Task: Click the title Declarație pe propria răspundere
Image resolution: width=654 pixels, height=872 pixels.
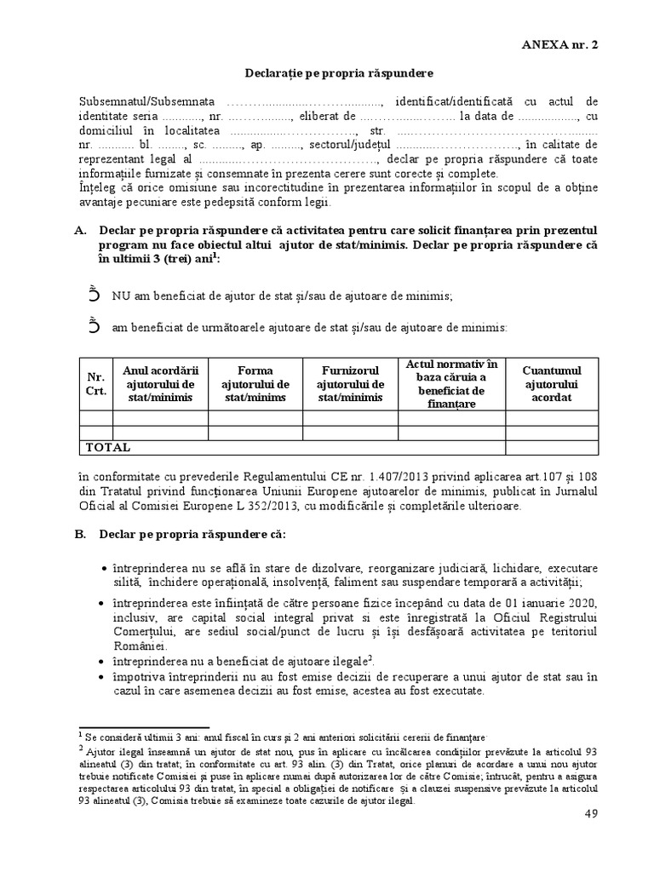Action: click(326, 73)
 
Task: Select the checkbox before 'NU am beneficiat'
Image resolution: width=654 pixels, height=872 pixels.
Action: click(94, 295)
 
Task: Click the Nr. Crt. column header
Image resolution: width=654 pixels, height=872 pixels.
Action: click(95, 383)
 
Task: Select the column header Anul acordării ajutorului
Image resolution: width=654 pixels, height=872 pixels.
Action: click(160, 383)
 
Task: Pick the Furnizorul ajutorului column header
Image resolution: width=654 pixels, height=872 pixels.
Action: click(350, 383)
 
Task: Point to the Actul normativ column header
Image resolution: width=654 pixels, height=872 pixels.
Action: click(451, 383)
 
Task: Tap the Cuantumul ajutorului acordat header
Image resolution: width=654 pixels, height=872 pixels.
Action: click(551, 383)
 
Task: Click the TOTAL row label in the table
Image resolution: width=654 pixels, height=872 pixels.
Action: click(108, 447)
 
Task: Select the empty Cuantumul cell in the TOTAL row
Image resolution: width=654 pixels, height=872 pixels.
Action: click(551, 447)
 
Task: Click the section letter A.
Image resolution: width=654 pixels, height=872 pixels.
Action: click(80, 231)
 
